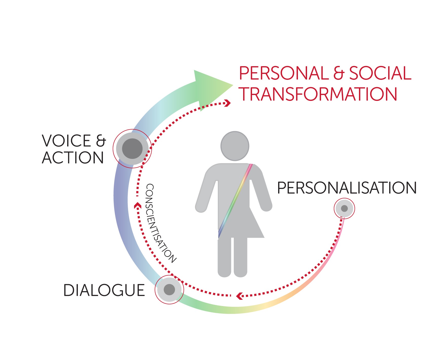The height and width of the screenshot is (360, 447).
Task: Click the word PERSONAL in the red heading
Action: pos(284,73)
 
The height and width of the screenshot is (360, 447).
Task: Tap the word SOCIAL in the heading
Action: pos(380,73)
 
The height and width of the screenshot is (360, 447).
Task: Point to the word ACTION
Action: pos(73,158)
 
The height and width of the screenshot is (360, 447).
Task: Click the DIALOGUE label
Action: pos(104,290)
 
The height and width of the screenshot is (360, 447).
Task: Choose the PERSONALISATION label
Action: pos(347,188)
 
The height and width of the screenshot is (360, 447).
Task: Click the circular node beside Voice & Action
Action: pos(132,149)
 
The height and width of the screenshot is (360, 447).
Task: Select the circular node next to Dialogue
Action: pos(169,290)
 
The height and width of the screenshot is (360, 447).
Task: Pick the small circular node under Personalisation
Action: pos(344,209)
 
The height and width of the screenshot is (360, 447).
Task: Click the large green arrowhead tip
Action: pos(233,85)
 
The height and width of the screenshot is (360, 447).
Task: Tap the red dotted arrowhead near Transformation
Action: pos(228,103)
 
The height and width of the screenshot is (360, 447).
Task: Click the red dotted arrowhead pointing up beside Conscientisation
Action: pos(137,205)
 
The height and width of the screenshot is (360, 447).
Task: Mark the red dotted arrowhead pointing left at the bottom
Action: pos(239,296)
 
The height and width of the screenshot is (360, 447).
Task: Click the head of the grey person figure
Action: pos(235,146)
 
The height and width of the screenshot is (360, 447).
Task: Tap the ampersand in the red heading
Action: pos(339,73)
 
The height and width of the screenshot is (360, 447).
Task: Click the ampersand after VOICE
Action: pos(101,141)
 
